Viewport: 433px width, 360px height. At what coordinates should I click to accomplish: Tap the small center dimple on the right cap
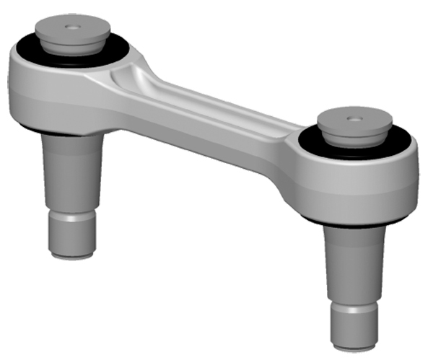click(354, 118)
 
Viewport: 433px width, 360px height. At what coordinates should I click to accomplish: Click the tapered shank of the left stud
click(72, 173)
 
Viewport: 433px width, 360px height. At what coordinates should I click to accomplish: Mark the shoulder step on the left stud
click(72, 214)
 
